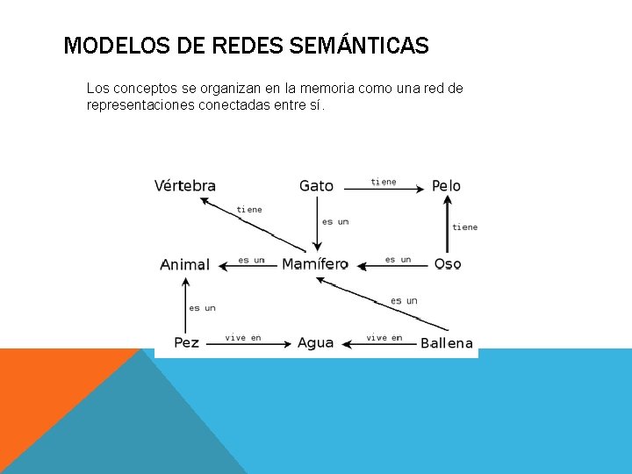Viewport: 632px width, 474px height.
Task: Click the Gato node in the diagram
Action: [316, 186]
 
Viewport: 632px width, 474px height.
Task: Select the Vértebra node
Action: [185, 186]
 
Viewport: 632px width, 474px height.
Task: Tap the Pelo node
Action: [446, 186]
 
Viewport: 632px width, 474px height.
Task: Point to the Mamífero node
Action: [314, 264]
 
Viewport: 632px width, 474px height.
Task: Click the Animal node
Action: [184, 264]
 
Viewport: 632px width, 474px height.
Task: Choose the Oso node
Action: [448, 264]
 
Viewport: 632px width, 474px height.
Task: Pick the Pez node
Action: [186, 342]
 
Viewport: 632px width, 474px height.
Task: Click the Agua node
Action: [315, 342]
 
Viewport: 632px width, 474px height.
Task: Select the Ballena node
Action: [447, 343]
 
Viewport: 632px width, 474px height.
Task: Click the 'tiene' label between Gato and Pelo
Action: [384, 182]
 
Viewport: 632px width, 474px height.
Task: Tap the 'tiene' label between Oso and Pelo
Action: [465, 227]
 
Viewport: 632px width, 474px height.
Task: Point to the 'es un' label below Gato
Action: [335, 222]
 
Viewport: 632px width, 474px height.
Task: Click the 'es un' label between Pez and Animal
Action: [202, 308]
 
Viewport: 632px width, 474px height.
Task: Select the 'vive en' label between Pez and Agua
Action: [243, 338]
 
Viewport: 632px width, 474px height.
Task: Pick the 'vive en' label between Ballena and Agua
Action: [384, 338]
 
